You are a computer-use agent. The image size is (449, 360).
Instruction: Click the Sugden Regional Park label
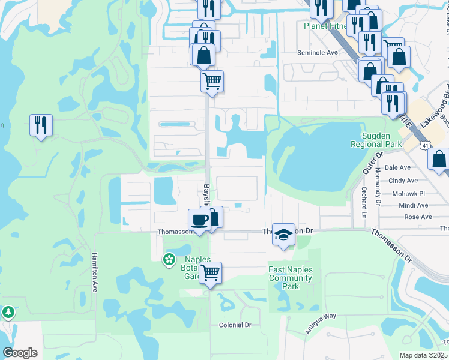[x=376, y=140]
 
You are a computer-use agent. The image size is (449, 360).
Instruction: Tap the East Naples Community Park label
[x=291, y=278]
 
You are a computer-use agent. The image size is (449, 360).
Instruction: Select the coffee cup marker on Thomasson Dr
[x=200, y=220]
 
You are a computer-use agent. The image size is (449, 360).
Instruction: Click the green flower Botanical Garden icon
[x=169, y=259]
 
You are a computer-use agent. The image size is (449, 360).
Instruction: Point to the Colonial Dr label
[x=235, y=325]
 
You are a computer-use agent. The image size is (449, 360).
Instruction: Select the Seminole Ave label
[x=318, y=53]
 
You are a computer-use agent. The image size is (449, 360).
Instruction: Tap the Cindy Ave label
[x=403, y=181]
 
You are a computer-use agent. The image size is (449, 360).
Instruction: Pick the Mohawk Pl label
[x=408, y=194]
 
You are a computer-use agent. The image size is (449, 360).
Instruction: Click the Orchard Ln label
[x=364, y=202]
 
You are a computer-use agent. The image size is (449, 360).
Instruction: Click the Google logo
[x=20, y=353]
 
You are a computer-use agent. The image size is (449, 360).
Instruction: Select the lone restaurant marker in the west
[x=41, y=125]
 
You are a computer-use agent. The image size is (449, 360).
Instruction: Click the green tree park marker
[x=8, y=312]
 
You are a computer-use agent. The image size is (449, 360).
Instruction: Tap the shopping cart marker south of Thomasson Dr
[x=210, y=273]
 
